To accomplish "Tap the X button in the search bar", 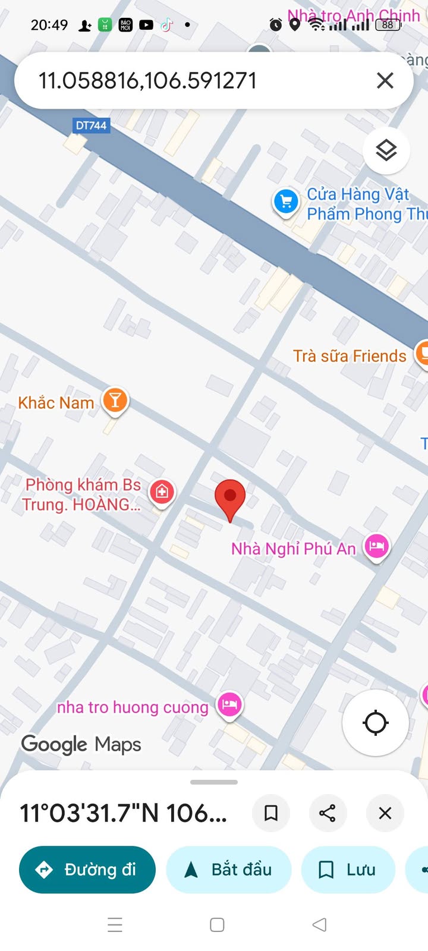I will [x=385, y=80].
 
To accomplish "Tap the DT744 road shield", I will [x=91, y=125].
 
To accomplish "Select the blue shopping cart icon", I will [x=286, y=201].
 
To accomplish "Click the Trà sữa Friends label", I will [x=350, y=356].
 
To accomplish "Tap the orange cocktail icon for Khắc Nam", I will [x=115, y=400].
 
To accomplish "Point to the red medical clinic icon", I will [x=162, y=492].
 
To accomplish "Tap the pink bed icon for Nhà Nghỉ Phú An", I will [x=377, y=546].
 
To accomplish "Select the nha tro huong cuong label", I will [x=133, y=707].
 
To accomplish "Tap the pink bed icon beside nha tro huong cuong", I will [x=230, y=705].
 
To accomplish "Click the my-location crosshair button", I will [x=375, y=723].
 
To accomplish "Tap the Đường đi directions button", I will [x=87, y=870].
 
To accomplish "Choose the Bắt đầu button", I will [x=229, y=870].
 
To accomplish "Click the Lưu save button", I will [x=348, y=870].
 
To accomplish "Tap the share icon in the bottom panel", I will [x=328, y=813].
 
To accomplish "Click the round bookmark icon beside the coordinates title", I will [x=271, y=813].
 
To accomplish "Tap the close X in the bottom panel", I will [x=385, y=813].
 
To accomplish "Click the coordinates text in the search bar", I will [x=147, y=80].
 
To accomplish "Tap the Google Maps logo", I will [x=81, y=744].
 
